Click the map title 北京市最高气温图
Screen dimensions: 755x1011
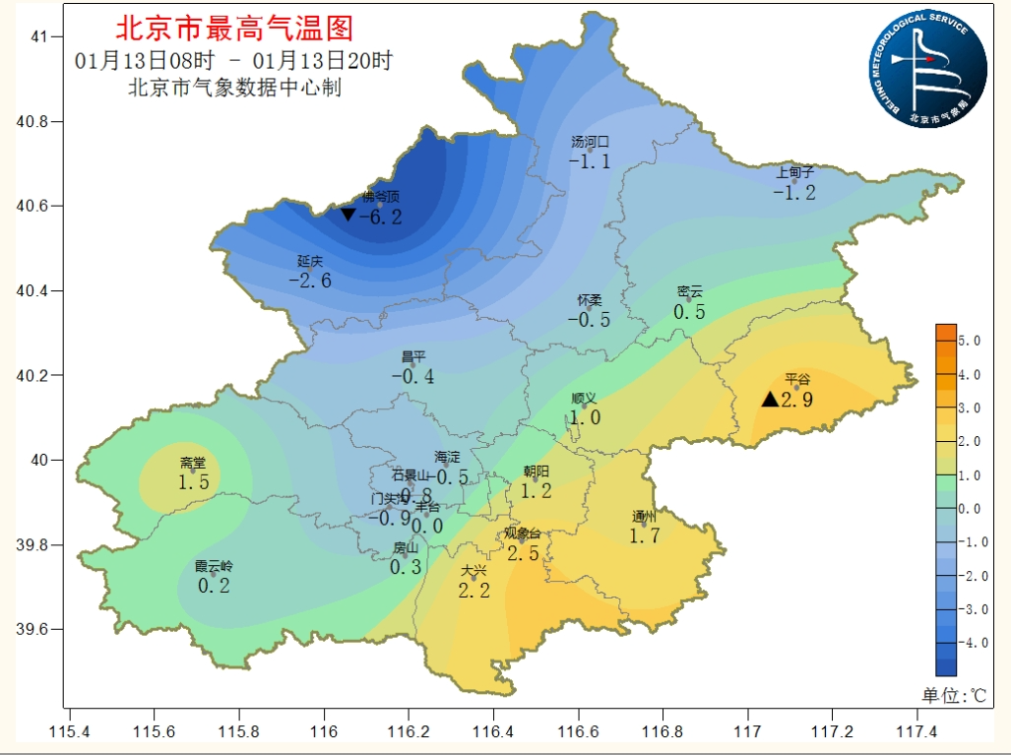click(x=234, y=27)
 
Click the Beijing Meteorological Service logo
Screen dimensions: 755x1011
click(x=927, y=69)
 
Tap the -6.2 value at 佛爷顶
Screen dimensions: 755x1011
click(x=381, y=217)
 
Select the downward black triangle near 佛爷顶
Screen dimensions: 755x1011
click(x=348, y=214)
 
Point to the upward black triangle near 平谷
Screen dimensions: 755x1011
click(x=770, y=399)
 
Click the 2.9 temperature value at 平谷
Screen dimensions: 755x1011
click(x=796, y=400)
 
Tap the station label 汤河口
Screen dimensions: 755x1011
click(x=592, y=143)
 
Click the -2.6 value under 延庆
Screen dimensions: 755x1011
click(x=310, y=280)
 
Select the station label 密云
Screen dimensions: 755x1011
click(x=690, y=291)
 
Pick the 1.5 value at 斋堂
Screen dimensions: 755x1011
click(x=194, y=482)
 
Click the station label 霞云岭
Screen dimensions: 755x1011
click(x=214, y=566)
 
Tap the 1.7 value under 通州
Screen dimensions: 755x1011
click(x=644, y=535)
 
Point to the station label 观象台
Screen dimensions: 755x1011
click(x=523, y=534)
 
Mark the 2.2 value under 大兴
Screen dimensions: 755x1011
click(x=474, y=591)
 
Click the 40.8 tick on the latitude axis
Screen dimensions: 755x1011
click(x=40, y=121)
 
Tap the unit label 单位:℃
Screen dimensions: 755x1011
click(x=953, y=695)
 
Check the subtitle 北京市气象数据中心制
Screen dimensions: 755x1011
click(x=234, y=88)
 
